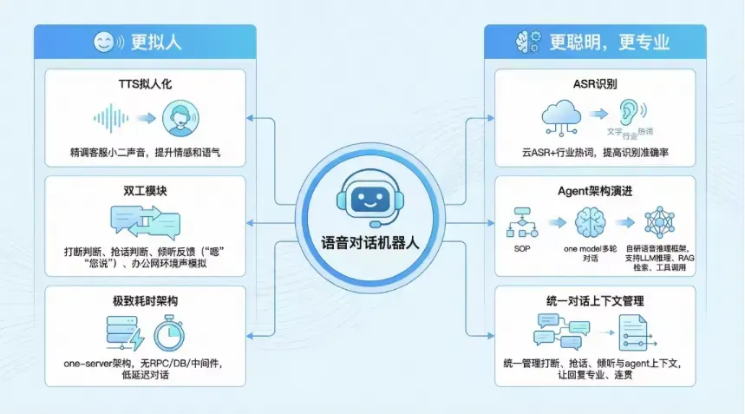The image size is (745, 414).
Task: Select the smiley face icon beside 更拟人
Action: (104, 41)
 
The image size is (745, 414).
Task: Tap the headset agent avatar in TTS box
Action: (181, 118)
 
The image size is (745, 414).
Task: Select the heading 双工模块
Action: (145, 191)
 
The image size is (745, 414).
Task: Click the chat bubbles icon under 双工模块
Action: (144, 222)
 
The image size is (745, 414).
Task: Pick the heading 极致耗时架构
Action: (145, 300)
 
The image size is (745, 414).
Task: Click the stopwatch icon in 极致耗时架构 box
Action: (172, 332)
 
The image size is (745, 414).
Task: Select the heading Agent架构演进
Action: (594, 191)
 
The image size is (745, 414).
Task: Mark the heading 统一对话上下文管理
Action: (594, 300)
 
